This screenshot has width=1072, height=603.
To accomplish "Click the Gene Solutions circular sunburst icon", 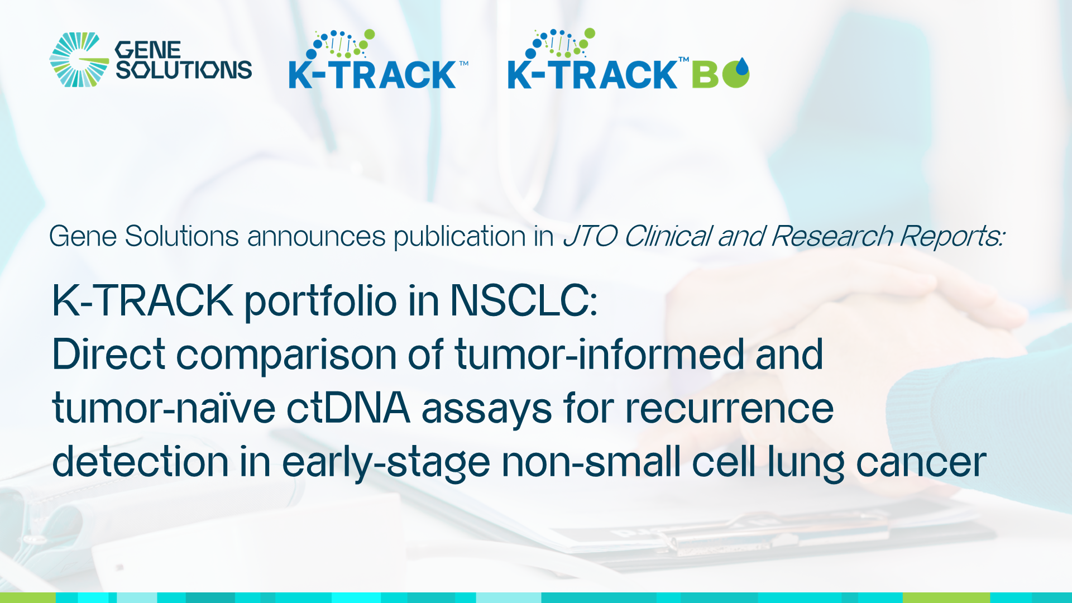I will (x=79, y=60).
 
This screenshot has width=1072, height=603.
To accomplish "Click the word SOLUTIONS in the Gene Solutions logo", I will (x=184, y=70).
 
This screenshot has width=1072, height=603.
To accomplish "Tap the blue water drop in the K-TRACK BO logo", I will (x=741, y=67).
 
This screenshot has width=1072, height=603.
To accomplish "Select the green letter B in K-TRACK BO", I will (x=705, y=75).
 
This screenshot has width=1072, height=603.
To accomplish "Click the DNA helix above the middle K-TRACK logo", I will (x=341, y=44).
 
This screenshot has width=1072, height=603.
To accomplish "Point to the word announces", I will (x=316, y=236).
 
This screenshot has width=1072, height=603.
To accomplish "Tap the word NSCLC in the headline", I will (x=523, y=301).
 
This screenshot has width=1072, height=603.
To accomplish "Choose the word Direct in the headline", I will (x=109, y=355).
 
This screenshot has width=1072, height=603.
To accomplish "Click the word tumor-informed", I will (x=600, y=355).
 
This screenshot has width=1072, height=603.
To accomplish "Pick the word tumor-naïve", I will (x=164, y=408).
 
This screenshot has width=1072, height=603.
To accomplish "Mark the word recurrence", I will (x=729, y=408).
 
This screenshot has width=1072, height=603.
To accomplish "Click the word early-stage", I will (x=386, y=462).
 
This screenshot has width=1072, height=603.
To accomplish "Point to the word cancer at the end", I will (x=921, y=462).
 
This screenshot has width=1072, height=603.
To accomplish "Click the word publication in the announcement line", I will (x=460, y=236).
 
